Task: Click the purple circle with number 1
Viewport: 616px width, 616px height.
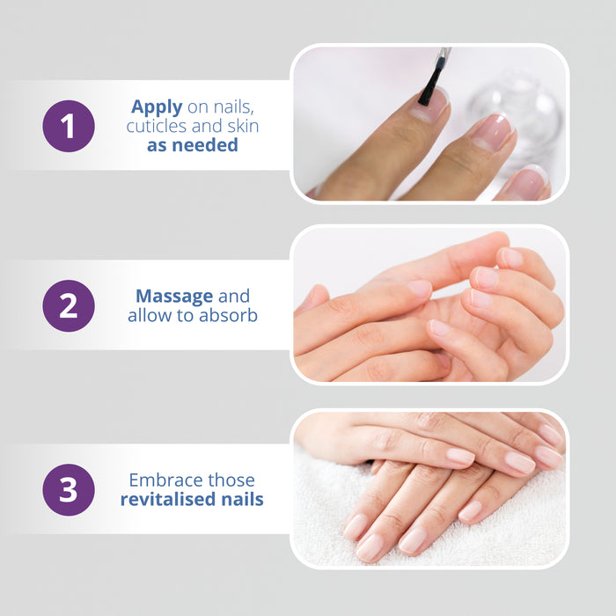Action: (x=69, y=126)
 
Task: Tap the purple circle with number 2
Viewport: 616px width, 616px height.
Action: (x=69, y=305)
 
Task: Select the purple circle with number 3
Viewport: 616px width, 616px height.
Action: (x=69, y=490)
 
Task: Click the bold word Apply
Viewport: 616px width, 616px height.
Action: (x=157, y=107)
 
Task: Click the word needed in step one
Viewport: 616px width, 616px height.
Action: (x=205, y=145)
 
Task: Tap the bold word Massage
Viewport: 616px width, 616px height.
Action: (x=174, y=297)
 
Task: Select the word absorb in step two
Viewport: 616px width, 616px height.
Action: (x=228, y=315)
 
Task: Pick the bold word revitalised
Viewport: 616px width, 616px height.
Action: (x=168, y=499)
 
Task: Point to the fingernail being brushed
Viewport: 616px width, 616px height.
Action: (x=429, y=104)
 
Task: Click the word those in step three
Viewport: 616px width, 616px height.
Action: (x=231, y=480)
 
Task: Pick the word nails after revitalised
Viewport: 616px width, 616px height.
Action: (x=242, y=499)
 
